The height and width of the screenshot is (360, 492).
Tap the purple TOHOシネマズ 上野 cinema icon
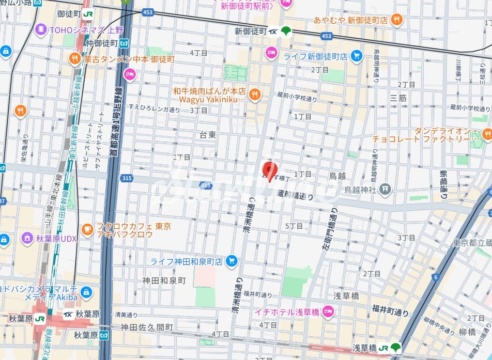41,30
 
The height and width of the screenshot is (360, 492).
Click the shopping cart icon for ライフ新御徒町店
356,56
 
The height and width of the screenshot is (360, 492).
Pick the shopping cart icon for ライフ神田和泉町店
231,261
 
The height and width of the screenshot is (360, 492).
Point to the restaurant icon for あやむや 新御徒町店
396,20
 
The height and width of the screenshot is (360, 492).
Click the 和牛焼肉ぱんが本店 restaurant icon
254,94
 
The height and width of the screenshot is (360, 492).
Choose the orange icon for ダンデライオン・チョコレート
486,135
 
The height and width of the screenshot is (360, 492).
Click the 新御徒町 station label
251,31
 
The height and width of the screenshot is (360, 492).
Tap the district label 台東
208,134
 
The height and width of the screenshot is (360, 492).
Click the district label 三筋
398,97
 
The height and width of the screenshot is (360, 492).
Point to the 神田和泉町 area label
164,280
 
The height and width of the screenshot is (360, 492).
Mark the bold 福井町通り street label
390,310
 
